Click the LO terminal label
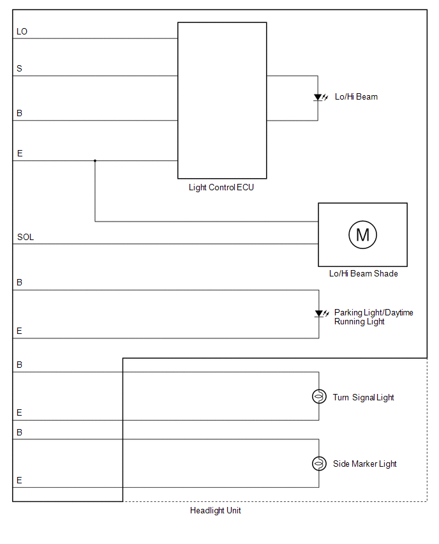[22, 31]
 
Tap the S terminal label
[19, 68]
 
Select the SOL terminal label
[26, 237]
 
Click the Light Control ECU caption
[221, 187]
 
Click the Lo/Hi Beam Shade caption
[364, 273]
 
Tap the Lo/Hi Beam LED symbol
[320, 97]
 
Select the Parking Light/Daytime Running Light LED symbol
[322, 314]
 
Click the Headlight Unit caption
[215, 510]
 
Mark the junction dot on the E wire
[95, 161]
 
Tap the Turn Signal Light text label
[364, 397]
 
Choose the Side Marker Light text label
[365, 464]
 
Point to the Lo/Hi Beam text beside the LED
[356, 97]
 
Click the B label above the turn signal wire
[19, 365]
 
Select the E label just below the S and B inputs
[20, 153]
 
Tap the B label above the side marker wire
[19, 432]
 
